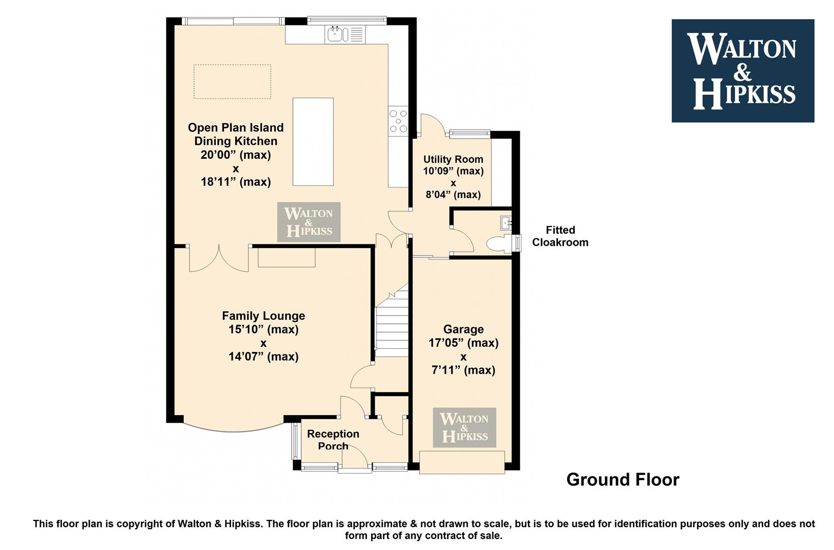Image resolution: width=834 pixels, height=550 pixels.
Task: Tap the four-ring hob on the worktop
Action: point(398,121)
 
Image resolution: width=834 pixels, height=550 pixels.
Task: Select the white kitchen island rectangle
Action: point(313,142)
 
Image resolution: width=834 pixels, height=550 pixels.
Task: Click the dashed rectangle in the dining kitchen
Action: point(232,81)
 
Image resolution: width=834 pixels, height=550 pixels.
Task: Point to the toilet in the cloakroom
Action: point(499,243)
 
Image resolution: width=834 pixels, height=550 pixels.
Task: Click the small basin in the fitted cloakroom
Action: point(506,223)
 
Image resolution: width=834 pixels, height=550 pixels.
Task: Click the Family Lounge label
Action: point(264,316)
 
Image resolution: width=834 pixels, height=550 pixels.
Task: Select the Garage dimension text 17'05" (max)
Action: point(463,343)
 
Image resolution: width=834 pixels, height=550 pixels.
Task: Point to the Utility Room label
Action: point(453,159)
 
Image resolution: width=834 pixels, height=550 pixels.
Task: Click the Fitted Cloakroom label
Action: point(561,236)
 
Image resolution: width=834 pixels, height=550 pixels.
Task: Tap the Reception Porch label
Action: point(333,440)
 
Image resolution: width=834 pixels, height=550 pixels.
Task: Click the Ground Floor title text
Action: point(623,480)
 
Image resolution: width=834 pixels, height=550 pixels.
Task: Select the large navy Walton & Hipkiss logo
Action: point(743,71)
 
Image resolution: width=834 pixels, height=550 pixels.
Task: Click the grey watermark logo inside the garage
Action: point(464,427)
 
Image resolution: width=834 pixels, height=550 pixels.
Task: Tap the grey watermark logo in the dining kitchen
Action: point(309,222)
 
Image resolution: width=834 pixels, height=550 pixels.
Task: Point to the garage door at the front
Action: point(462,462)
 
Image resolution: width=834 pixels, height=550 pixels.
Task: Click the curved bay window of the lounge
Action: point(234,429)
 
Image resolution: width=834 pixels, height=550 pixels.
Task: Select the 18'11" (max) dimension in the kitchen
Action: point(236,182)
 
